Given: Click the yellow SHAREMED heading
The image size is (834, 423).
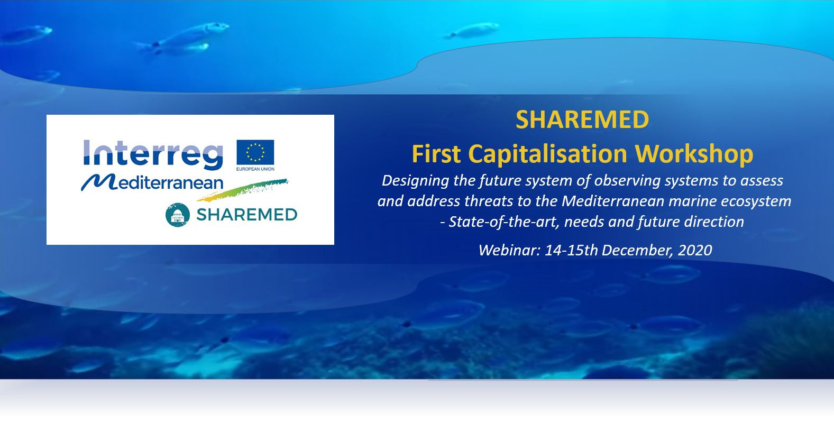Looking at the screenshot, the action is [x=582, y=119].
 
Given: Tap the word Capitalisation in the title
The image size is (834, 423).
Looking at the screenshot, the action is [x=547, y=154].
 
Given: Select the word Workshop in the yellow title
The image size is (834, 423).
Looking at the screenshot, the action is [x=694, y=154].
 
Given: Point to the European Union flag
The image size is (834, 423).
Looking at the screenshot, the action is [x=255, y=152].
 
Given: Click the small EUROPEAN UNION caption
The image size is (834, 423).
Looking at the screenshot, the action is [x=255, y=169].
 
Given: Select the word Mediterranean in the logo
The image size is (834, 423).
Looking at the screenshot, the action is [x=152, y=182].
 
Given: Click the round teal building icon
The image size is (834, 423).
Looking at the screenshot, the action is [x=178, y=215].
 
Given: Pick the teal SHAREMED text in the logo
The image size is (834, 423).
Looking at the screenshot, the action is [x=247, y=215].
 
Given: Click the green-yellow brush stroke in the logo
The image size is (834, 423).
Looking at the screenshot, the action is [x=243, y=190].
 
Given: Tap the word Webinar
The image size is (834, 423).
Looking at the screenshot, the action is [x=509, y=250].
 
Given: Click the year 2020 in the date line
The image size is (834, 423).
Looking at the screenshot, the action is [x=695, y=250].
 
